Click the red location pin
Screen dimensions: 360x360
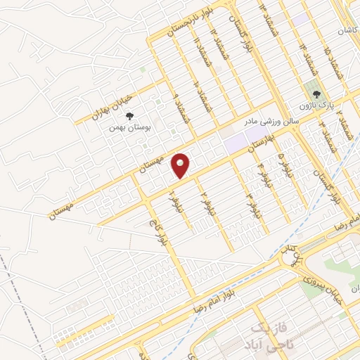point(181,165)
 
